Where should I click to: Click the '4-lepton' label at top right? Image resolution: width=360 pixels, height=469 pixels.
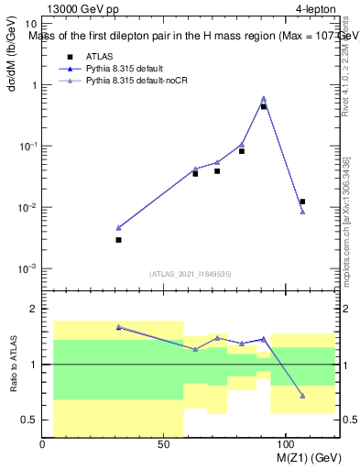(x=315, y=10)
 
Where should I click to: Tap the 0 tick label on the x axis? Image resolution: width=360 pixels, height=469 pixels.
(x=43, y=443)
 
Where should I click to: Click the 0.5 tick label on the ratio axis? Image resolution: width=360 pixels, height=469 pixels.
(x=29, y=420)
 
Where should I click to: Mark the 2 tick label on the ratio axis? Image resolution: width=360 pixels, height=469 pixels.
(x=33, y=310)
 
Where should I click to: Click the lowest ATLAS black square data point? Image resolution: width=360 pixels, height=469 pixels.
(x=118, y=240)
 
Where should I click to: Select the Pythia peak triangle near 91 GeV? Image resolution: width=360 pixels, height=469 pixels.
(x=264, y=99)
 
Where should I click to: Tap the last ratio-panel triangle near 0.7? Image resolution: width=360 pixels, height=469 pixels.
(x=302, y=396)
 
